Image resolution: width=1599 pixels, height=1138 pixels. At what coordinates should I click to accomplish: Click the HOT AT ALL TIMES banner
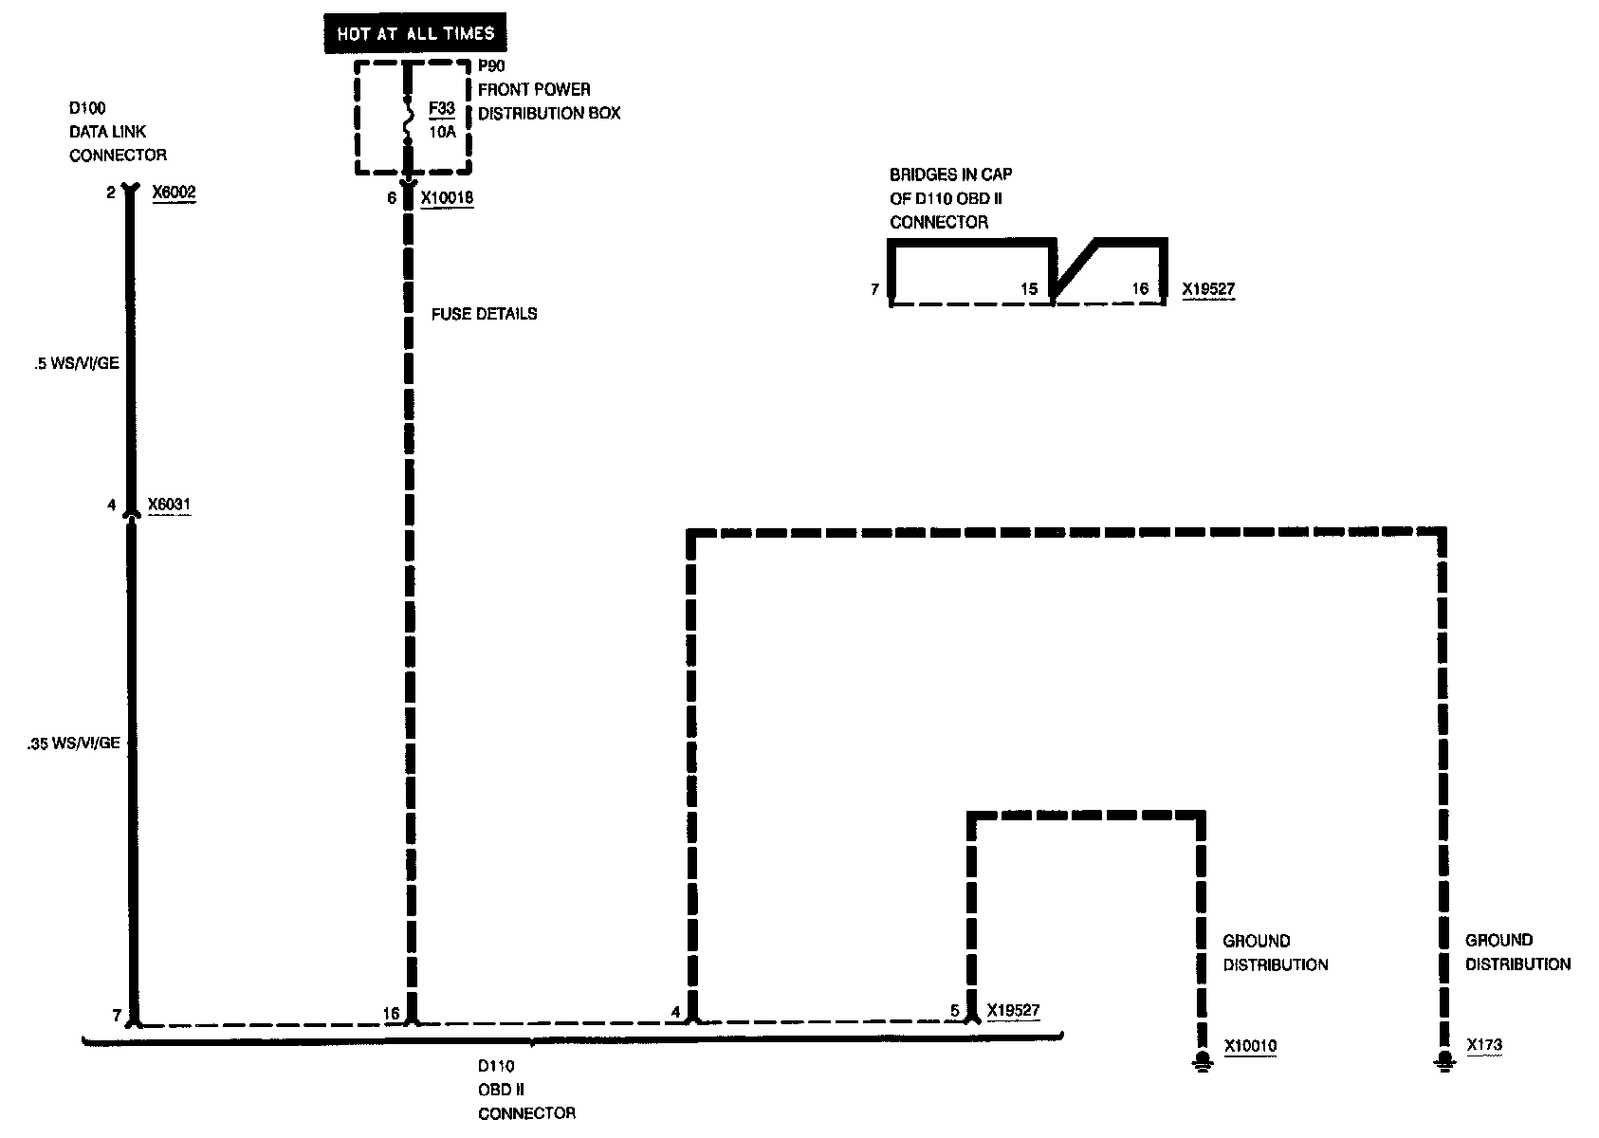click(415, 34)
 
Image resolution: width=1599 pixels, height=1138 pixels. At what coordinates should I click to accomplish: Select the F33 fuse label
click(442, 109)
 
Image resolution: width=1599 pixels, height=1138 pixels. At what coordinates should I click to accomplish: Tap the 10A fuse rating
click(442, 132)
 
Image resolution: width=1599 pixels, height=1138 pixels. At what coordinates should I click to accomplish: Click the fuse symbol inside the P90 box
click(409, 119)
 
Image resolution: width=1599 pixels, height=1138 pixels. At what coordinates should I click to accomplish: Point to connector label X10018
click(447, 198)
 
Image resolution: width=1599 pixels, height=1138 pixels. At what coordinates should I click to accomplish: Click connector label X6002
click(174, 193)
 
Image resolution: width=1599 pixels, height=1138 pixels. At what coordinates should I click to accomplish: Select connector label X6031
click(169, 505)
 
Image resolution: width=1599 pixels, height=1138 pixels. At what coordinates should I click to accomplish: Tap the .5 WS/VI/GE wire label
click(76, 363)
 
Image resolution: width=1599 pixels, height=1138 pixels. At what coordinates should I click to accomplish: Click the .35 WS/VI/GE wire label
click(74, 743)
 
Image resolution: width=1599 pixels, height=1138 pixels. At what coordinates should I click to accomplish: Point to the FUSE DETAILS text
click(484, 314)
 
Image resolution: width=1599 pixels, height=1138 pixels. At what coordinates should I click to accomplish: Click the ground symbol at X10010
click(1202, 1059)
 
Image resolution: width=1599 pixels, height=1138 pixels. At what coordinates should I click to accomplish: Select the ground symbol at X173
click(1443, 1059)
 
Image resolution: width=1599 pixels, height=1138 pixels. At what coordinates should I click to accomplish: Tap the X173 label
click(1484, 1046)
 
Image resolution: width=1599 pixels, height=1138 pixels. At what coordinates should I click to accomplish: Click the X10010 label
click(1250, 1047)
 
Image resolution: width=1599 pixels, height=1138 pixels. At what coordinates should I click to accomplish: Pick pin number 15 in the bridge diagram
click(1029, 289)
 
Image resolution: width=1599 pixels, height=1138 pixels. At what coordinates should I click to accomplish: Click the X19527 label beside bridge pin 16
click(1208, 289)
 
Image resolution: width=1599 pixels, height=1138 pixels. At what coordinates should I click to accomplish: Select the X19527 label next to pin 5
click(1013, 1011)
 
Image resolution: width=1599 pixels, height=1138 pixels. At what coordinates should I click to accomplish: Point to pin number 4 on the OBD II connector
click(675, 1013)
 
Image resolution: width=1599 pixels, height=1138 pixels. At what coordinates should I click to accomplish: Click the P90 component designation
click(491, 66)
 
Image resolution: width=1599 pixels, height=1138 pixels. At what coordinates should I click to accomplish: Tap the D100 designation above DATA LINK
click(87, 109)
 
